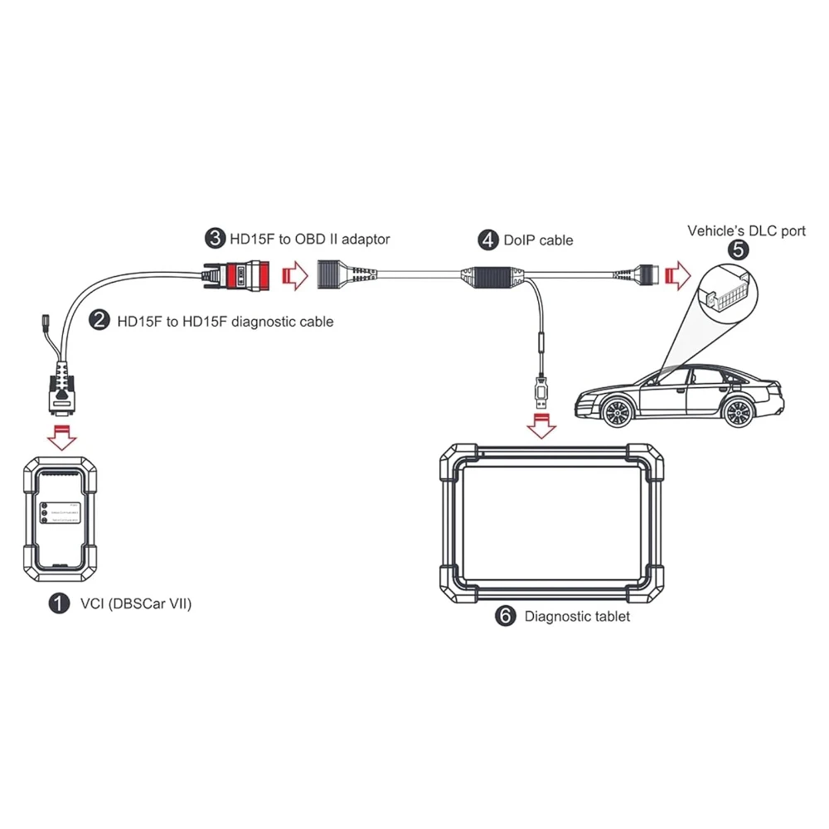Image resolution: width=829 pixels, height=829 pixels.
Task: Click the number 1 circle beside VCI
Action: pyautogui.click(x=59, y=604)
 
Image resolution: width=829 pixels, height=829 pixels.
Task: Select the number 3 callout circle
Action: pyautogui.click(x=215, y=239)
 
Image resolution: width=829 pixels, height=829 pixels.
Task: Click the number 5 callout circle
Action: pyautogui.click(x=738, y=250)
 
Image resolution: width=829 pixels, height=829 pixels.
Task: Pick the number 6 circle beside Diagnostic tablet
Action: pyautogui.click(x=505, y=616)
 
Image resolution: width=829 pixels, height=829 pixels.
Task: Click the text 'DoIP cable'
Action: pyautogui.click(x=538, y=240)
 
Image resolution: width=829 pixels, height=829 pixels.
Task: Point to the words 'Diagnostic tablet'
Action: pyautogui.click(x=577, y=616)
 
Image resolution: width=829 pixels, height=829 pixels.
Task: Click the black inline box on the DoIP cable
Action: pyautogui.click(x=488, y=274)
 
